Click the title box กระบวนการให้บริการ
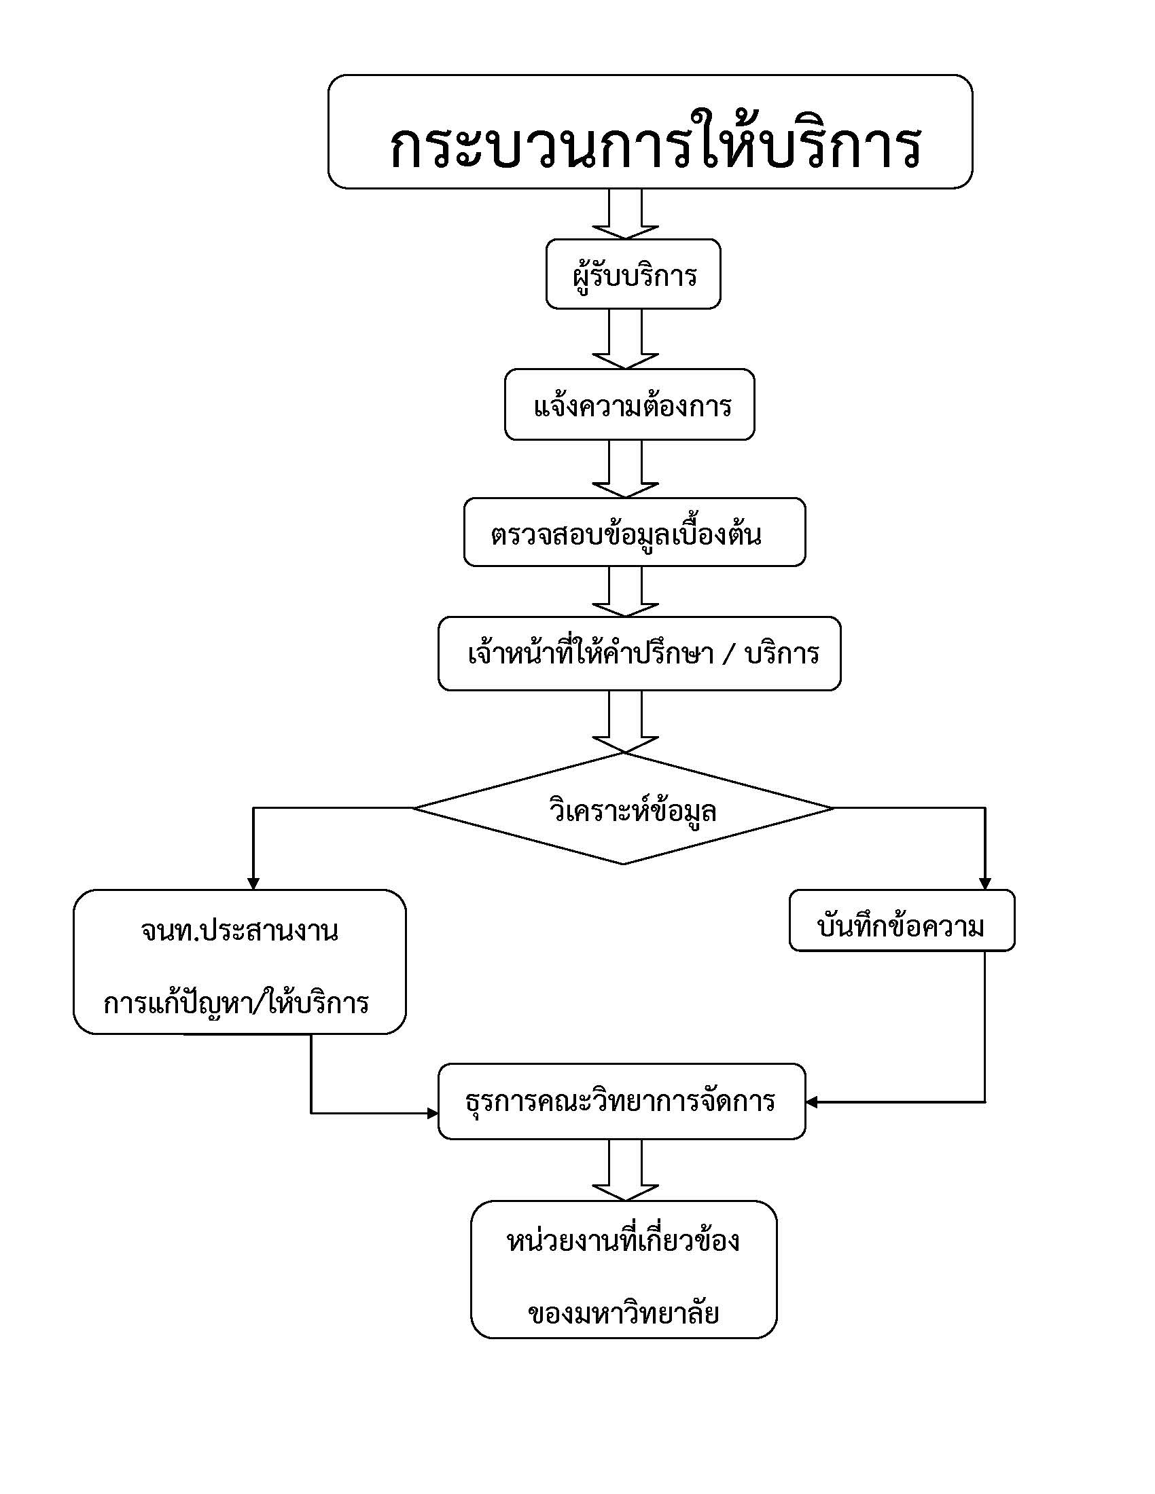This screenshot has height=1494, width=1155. (x=650, y=131)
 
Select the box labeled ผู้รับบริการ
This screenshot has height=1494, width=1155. (x=633, y=274)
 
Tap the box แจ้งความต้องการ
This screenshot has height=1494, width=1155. (x=630, y=404)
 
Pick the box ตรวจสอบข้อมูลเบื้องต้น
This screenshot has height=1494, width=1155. (x=635, y=532)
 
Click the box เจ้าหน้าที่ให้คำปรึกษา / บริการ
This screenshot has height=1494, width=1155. (x=639, y=653)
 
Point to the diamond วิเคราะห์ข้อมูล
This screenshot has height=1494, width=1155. (x=623, y=809)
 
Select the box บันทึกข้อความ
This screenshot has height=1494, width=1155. (x=902, y=920)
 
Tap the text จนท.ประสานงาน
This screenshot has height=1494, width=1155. (x=239, y=930)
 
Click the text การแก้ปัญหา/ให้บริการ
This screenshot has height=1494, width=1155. (x=236, y=1004)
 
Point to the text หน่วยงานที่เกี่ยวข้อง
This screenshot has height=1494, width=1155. (x=622, y=1241)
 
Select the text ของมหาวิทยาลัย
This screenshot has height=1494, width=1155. (x=623, y=1313)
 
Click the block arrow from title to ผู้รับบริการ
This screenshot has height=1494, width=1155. (x=625, y=214)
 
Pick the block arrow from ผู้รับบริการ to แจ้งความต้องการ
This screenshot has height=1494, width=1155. (x=625, y=340)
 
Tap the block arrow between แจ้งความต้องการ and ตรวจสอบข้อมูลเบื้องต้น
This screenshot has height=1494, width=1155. (x=625, y=469)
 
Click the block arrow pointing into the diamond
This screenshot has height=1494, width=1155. (x=625, y=723)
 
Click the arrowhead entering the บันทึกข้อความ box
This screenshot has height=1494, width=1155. (x=985, y=883)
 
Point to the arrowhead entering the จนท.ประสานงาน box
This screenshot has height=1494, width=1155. (x=253, y=883)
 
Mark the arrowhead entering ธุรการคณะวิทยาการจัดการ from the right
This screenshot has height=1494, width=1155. (x=812, y=1102)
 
